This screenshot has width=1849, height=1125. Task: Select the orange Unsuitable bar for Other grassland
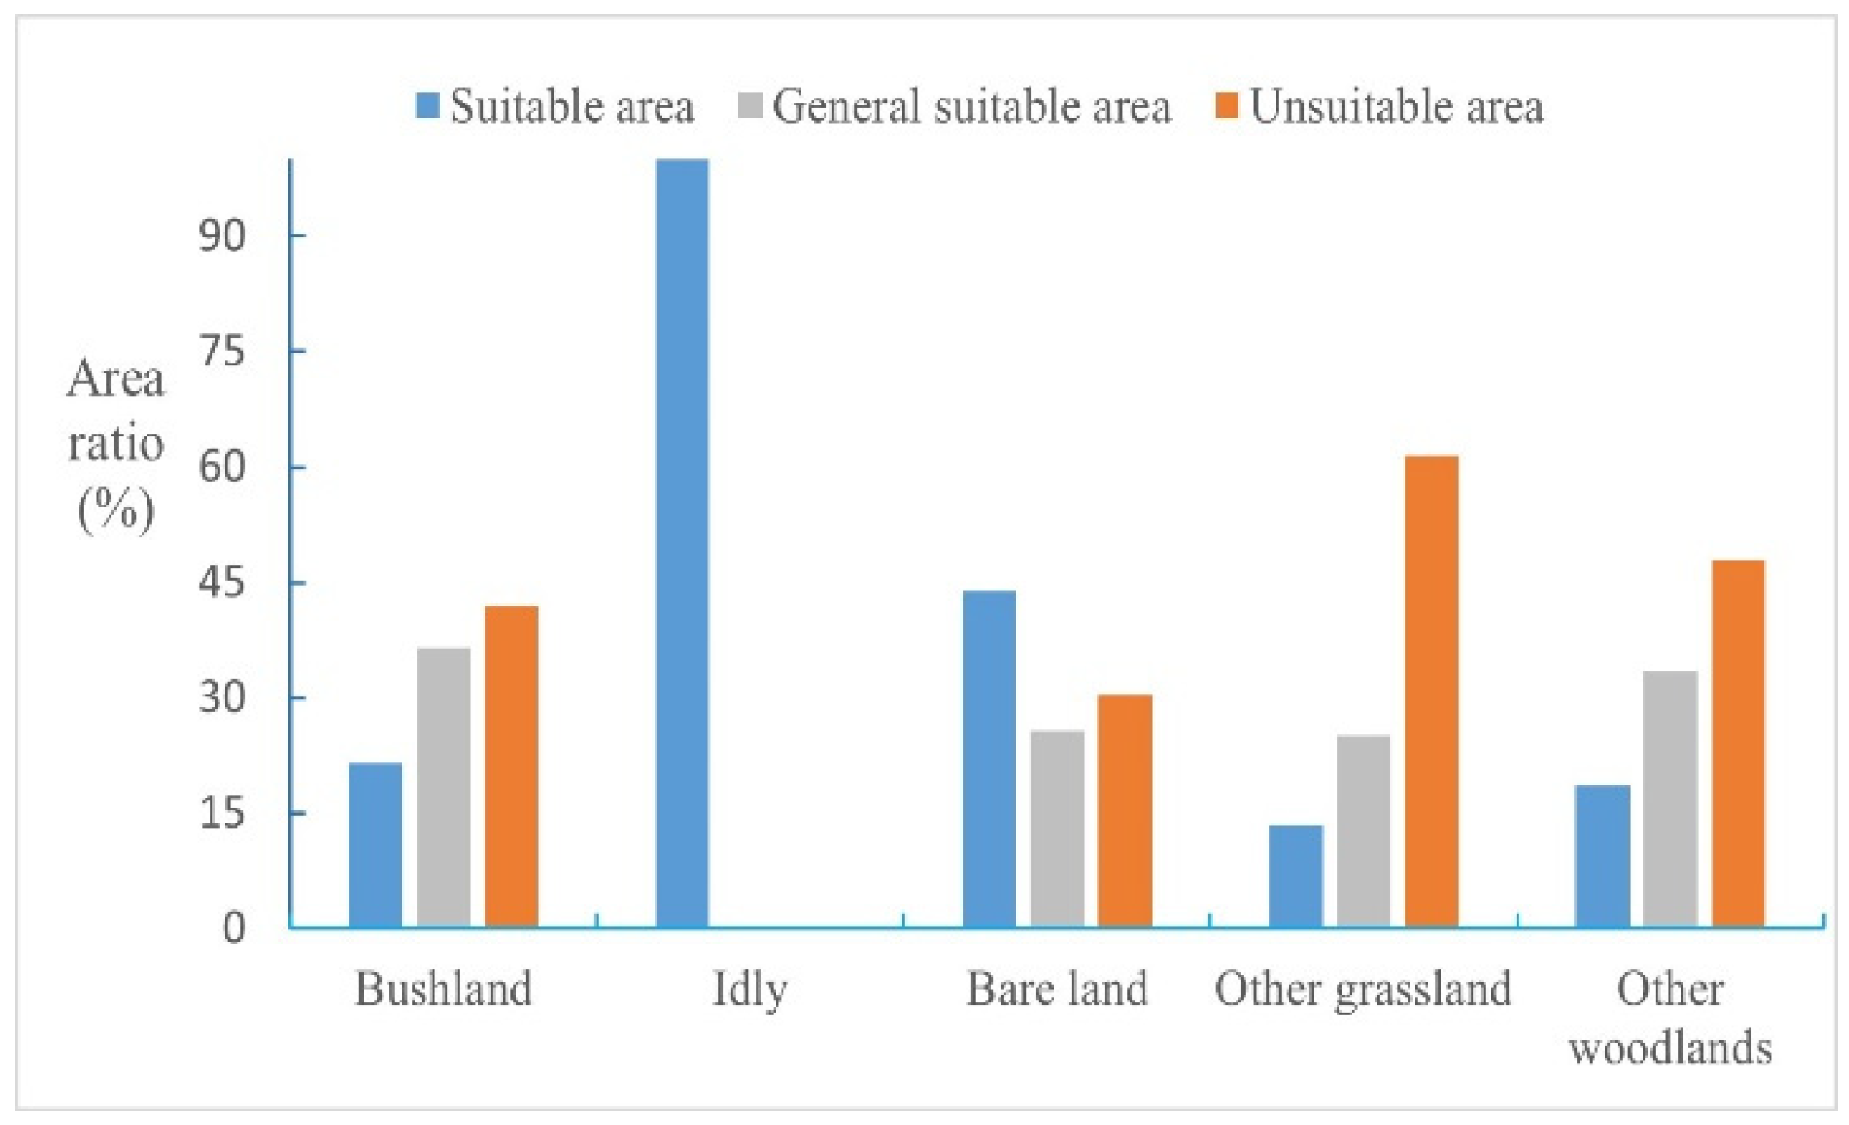coord(1432,691)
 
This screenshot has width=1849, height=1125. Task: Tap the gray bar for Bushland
coord(444,787)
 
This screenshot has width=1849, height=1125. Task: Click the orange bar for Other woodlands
coord(1738,744)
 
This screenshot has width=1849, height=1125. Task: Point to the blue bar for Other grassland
coord(1295,876)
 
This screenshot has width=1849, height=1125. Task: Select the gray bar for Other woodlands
coord(1670,799)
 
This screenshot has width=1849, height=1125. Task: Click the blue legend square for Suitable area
coord(427,106)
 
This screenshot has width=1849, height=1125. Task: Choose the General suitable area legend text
coord(972,106)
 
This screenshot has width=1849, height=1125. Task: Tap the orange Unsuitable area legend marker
coord(1226,106)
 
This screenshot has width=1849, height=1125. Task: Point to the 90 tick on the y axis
coord(222,235)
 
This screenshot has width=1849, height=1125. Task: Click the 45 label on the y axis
coord(222,582)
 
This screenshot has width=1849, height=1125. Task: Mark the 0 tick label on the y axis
coord(233,928)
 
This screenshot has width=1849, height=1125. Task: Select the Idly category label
coord(750,988)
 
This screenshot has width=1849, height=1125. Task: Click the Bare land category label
coord(1056,988)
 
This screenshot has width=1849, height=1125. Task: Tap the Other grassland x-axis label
coord(1363,988)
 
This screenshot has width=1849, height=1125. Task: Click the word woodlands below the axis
coord(1670,1047)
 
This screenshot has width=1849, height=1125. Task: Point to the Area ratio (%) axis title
coord(116,445)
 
